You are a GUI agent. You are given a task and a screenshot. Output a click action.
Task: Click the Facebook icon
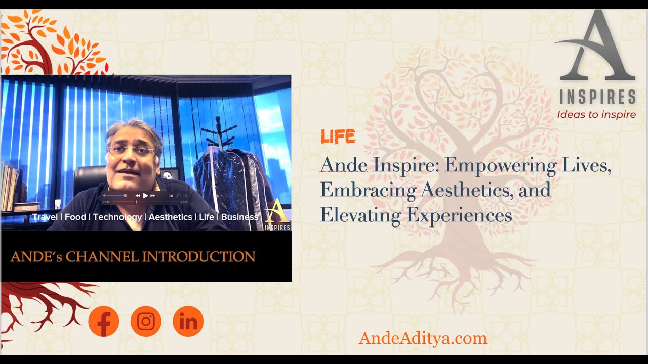(104, 322)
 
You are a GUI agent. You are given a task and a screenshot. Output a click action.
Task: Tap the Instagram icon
(146, 322)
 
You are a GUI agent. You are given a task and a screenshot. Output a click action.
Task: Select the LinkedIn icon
(188, 322)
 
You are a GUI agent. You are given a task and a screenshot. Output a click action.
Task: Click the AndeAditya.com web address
(423, 338)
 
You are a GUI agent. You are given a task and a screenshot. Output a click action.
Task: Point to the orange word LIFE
(338, 136)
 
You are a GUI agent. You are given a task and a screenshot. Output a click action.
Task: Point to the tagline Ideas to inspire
(596, 114)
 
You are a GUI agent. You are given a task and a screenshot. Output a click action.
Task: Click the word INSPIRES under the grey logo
(597, 97)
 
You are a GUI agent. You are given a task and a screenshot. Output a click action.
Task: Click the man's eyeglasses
(131, 149)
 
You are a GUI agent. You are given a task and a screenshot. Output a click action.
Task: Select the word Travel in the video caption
(45, 217)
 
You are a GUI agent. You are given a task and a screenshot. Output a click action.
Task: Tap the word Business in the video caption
(239, 217)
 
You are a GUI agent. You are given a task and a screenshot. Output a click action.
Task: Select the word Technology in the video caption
(117, 217)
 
